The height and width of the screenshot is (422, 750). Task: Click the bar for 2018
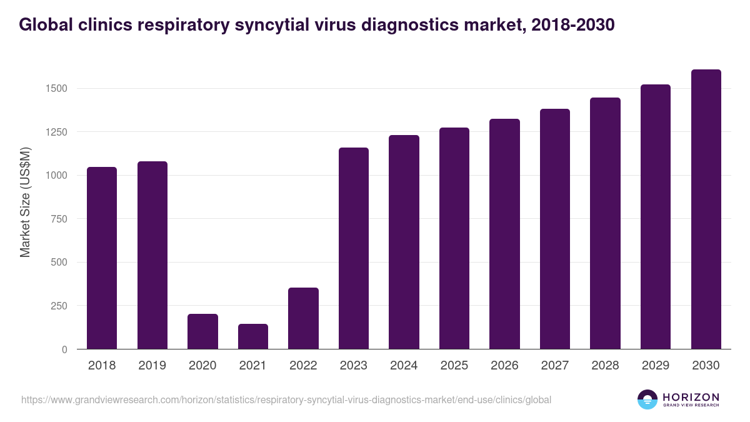click(102, 258)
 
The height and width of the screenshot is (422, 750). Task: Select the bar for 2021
click(253, 336)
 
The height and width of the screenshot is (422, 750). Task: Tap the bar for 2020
click(202, 331)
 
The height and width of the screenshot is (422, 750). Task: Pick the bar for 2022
click(303, 318)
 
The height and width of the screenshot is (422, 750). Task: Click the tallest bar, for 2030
click(706, 209)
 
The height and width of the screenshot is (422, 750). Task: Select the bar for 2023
click(354, 248)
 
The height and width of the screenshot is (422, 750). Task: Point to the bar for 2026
click(504, 234)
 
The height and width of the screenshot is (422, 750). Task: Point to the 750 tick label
click(59, 219)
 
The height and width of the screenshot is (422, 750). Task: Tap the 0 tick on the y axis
click(64, 349)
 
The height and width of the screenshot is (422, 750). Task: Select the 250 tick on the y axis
click(59, 306)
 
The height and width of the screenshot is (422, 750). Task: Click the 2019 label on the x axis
click(152, 366)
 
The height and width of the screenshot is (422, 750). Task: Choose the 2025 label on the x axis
click(454, 366)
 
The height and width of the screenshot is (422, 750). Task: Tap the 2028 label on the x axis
click(605, 366)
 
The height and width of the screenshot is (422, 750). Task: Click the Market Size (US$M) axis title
click(25, 201)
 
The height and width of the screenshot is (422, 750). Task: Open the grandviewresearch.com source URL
click(286, 399)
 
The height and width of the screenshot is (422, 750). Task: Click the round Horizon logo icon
click(647, 399)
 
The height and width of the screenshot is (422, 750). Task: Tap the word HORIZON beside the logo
click(691, 396)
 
